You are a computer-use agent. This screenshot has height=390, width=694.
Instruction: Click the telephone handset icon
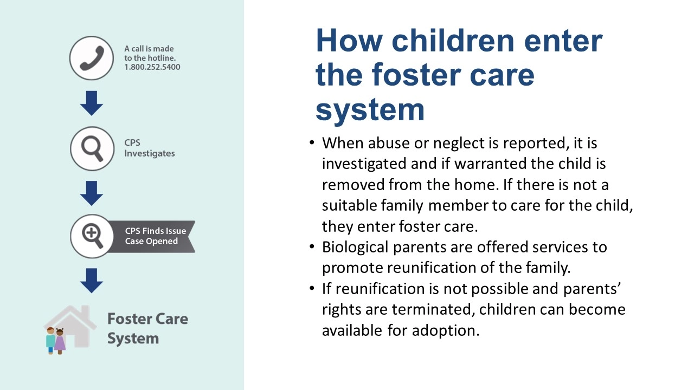(x=92, y=58)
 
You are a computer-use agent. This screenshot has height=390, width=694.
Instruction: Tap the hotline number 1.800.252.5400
(x=152, y=67)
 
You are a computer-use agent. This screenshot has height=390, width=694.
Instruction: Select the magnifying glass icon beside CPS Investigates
(x=92, y=148)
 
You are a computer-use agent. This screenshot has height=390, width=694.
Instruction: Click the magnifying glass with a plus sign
(x=92, y=236)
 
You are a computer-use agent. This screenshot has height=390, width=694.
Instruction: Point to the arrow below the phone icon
(x=92, y=103)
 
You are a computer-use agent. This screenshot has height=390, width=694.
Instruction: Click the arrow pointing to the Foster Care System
(x=92, y=281)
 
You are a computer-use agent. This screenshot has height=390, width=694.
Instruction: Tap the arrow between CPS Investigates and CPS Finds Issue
(x=92, y=193)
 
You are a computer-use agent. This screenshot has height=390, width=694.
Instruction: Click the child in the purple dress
(x=60, y=341)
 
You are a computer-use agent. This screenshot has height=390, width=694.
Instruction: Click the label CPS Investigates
(x=149, y=148)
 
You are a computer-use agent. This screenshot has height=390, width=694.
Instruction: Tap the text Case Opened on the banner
(x=151, y=241)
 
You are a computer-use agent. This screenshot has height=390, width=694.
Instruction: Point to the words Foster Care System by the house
(x=147, y=328)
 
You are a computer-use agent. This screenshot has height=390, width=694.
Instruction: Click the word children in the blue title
(x=453, y=41)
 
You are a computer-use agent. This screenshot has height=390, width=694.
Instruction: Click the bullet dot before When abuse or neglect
(x=312, y=142)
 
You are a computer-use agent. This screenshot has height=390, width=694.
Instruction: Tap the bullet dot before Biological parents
(x=312, y=246)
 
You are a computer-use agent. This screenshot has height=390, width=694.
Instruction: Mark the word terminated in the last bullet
(x=433, y=309)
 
